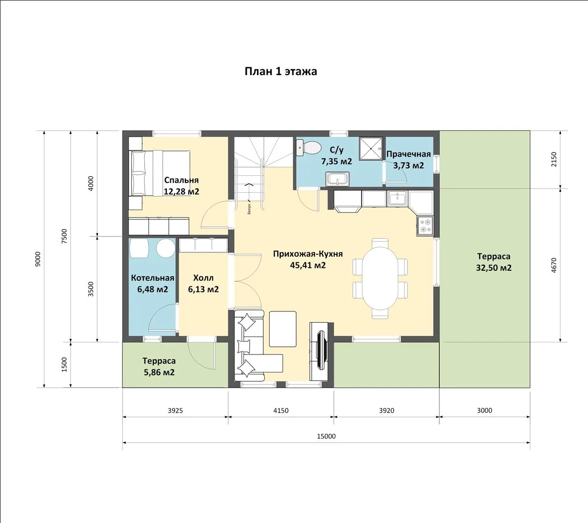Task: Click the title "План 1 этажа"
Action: [281, 72]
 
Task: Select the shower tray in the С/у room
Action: [371, 148]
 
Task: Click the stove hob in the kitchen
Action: [425, 226]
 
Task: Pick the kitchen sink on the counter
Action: [397, 199]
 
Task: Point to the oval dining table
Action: [380, 278]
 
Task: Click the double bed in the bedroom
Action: [160, 173]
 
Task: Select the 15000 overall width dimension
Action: [326, 436]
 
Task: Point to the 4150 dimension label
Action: [281, 410]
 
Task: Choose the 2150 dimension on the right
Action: [554, 159]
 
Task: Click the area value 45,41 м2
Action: [308, 265]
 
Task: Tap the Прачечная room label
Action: [408, 154]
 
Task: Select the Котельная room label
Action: [152, 278]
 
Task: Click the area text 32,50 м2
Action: [494, 268]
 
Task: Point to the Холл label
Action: [203, 278]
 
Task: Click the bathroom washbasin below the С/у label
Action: [337, 179]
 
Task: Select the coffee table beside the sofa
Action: [283, 329]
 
